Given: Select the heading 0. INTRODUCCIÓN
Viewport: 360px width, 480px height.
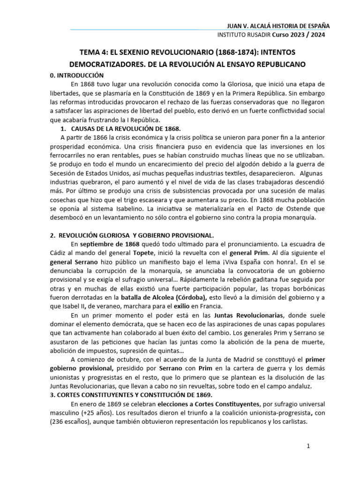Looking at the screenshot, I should [x=77, y=75].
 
